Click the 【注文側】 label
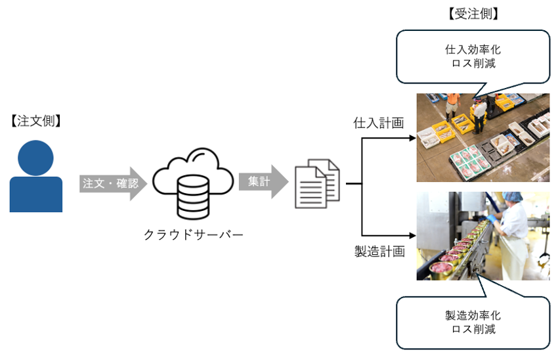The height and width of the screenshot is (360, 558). [x=35, y=121]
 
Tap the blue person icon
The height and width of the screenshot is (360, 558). [x=36, y=176]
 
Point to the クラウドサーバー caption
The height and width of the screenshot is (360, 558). [x=193, y=234]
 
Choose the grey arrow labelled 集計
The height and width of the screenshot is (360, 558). [x=263, y=182]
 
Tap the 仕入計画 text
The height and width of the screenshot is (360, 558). [x=377, y=123]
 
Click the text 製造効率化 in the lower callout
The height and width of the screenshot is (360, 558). [x=473, y=315]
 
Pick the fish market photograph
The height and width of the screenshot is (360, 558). [x=483, y=137]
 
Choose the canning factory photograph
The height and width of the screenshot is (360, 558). [x=483, y=236]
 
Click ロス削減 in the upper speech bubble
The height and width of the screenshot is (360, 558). [x=473, y=64]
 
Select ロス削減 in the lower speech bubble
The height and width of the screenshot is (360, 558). [x=473, y=329]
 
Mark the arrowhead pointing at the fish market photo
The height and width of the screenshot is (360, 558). [x=412, y=139]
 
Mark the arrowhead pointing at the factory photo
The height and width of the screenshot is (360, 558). [x=412, y=233]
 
